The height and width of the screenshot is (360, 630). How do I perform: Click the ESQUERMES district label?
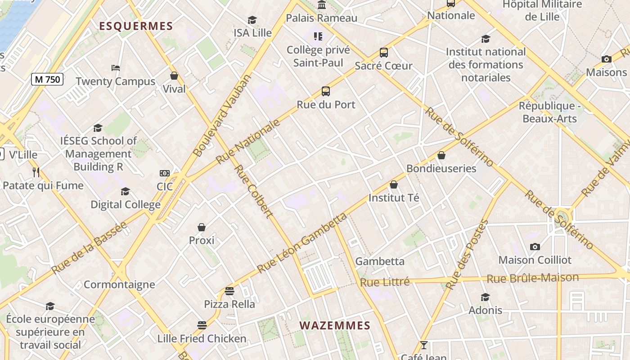[136, 26]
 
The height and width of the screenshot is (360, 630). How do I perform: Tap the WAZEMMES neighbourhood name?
[335, 325]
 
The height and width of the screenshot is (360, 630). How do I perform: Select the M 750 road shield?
[47, 80]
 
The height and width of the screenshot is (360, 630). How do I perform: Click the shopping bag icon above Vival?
[174, 76]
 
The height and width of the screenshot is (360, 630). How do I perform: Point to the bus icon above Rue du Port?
[326, 91]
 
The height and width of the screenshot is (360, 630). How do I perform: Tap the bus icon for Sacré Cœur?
[383, 53]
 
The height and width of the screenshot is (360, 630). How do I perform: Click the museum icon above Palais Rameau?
[322, 5]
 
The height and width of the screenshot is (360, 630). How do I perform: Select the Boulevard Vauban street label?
[223, 116]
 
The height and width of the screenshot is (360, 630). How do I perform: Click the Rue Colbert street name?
[253, 191]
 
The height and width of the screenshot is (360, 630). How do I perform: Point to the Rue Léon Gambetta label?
[302, 243]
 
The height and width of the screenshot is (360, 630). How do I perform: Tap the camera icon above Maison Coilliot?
[535, 247]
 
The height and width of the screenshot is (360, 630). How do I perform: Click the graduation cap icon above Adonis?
[485, 297]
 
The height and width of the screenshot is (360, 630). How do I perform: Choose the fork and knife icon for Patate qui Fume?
[36, 172]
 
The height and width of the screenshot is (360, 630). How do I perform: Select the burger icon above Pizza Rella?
[229, 291]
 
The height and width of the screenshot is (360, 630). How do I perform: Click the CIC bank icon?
[165, 173]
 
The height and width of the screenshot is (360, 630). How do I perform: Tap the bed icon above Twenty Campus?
[116, 68]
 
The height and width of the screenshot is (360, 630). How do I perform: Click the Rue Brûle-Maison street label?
[532, 278]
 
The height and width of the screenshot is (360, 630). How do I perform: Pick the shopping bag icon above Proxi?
[202, 227]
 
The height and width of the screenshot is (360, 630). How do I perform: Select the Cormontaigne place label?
[119, 284]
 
